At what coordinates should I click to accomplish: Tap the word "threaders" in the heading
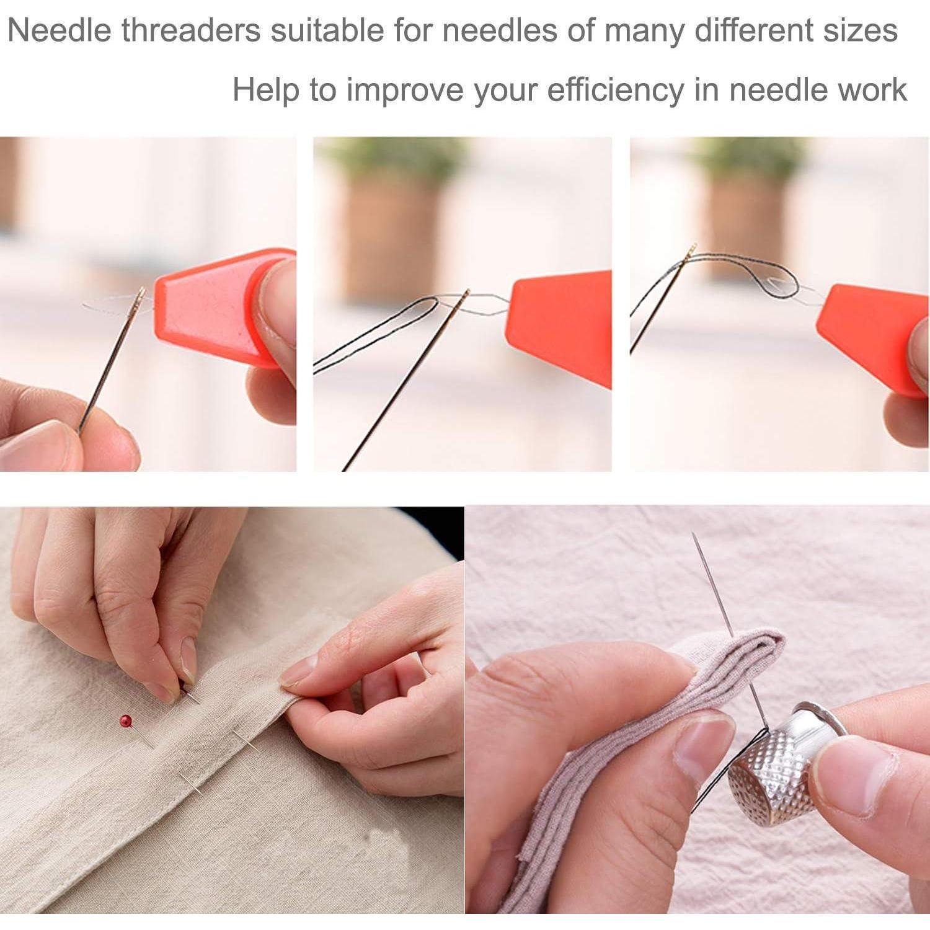192,30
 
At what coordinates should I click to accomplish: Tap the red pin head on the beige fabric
126,721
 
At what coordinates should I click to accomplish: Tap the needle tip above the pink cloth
694,534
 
